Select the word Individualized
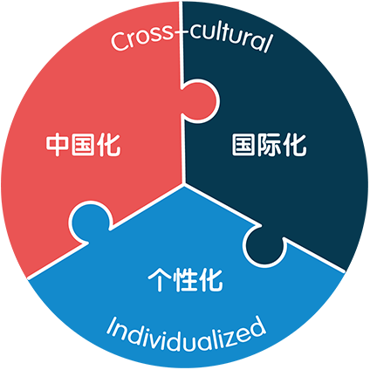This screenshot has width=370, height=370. [x=186, y=334]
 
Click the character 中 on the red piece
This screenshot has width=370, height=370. [x=57, y=145]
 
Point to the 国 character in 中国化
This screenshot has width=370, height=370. [x=83, y=145]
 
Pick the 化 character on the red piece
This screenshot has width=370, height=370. [x=108, y=145]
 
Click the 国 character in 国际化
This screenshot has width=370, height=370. [x=243, y=145]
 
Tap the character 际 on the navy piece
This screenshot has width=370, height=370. [x=269, y=145]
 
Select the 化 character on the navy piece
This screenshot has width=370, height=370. [x=295, y=145]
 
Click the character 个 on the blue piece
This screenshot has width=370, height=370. [x=160, y=279]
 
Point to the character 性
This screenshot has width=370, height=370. [x=185, y=279]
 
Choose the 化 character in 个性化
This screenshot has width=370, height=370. [x=210, y=279]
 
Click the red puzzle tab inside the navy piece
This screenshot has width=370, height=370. [x=200, y=101]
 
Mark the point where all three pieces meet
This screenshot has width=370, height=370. [x=184, y=184]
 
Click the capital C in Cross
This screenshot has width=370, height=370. [x=120, y=41]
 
